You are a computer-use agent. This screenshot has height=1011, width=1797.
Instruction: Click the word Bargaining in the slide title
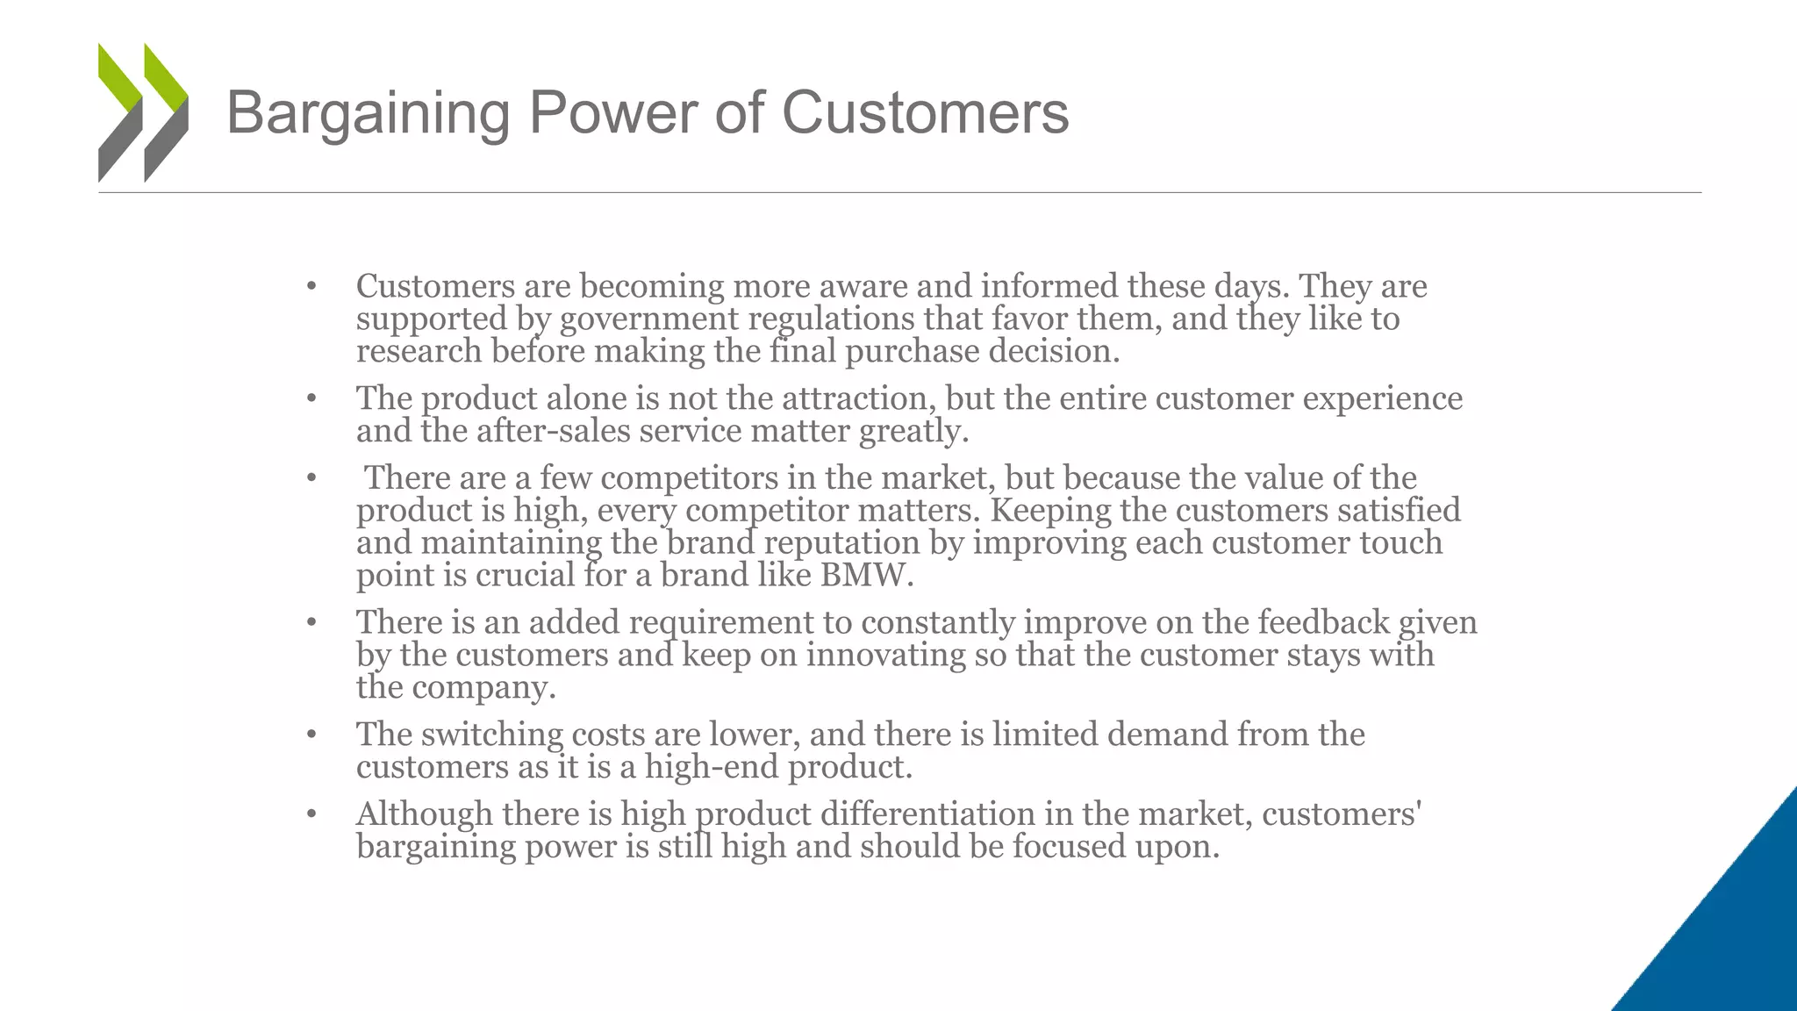coord(368,114)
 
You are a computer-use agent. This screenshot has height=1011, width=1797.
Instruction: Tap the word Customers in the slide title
coord(925,112)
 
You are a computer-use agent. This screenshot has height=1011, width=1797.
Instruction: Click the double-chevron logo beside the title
coord(143,112)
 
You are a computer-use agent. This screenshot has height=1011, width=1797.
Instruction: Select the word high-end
coord(711,767)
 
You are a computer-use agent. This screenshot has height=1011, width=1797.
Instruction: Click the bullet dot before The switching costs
coord(311,735)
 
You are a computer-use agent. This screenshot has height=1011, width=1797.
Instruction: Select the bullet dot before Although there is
coord(311,814)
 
